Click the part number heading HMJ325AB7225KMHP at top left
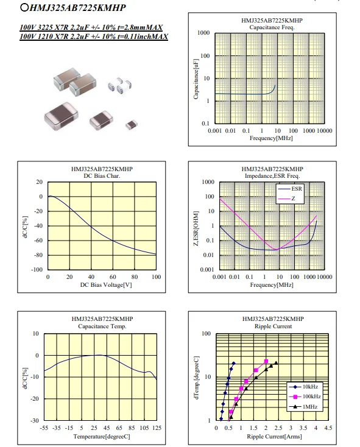pyautogui.click(x=77, y=8)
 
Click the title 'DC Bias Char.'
pyautogui.click(x=102, y=176)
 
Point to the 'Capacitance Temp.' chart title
pyautogui.click(x=102, y=326)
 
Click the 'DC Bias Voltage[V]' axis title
pyautogui.click(x=106, y=285)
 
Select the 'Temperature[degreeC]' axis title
pyautogui.click(x=102, y=437)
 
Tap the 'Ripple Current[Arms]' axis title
pyautogui.click(x=274, y=437)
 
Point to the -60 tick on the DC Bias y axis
pyautogui.click(x=38, y=241)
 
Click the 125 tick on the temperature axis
pyautogui.click(x=157, y=428)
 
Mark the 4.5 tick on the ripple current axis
pyautogui.click(x=328, y=428)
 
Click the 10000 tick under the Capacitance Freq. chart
pyautogui.click(x=325, y=130)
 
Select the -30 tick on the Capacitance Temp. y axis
pyautogui.click(x=35, y=420)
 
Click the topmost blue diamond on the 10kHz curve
pyautogui.click(x=234, y=363)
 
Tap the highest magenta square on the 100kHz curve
pyautogui.click(x=266, y=361)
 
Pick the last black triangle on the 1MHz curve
pyautogui.click(x=275, y=363)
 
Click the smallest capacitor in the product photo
pyautogui.click(x=132, y=125)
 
